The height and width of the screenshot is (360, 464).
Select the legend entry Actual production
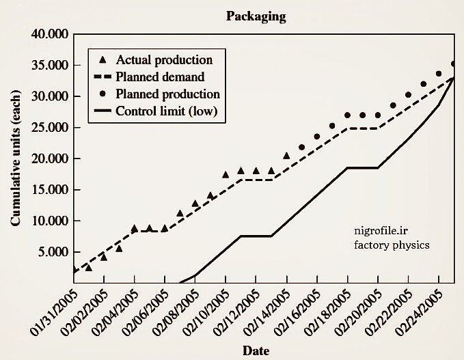pyautogui.click(x=164, y=60)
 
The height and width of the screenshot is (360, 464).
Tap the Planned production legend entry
pyautogui.click(x=167, y=94)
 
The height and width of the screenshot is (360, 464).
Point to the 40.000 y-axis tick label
pyautogui.click(x=49, y=34)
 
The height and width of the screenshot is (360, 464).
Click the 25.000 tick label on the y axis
pyautogui.click(x=49, y=128)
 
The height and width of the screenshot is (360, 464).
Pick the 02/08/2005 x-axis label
pyautogui.click(x=174, y=311)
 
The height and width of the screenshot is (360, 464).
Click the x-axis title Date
pyautogui.click(x=256, y=351)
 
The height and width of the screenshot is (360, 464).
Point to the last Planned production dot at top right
pyautogui.click(x=453, y=64)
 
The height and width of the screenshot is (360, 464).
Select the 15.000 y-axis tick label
pyautogui.click(x=49, y=190)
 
